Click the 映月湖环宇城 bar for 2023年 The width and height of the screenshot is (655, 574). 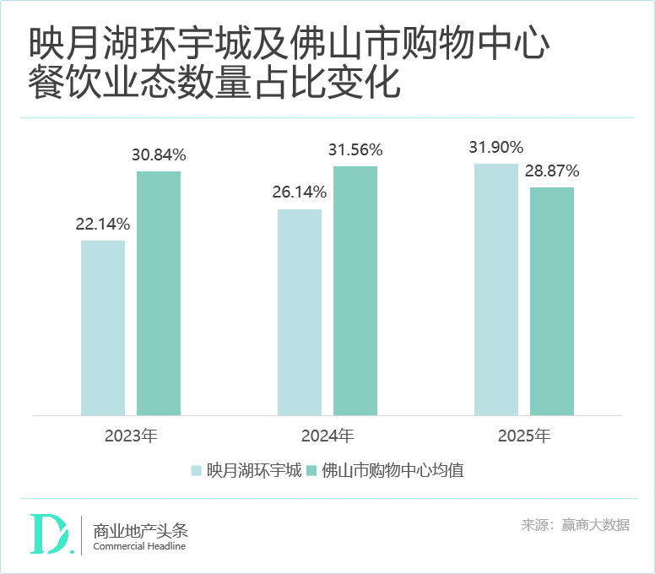(103, 328)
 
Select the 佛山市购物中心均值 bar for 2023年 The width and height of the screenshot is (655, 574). (159, 293)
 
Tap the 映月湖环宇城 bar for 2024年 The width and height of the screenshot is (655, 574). (300, 311)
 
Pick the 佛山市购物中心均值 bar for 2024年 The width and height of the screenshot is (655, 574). (355, 290)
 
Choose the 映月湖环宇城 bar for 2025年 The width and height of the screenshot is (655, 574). (496, 289)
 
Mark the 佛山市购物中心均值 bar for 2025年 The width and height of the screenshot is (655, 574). (552, 301)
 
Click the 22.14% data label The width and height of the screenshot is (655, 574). (103, 225)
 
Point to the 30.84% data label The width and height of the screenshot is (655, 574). (159, 155)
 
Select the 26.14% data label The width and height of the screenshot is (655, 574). (300, 192)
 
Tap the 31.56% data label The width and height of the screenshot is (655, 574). (355, 150)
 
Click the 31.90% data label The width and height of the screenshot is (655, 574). (496, 147)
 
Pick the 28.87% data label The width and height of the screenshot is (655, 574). (552, 171)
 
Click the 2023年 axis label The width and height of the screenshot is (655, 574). (131, 436)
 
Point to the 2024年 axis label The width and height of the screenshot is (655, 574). (327, 436)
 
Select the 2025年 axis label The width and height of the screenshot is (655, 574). (524, 436)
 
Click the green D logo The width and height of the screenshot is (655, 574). (50, 534)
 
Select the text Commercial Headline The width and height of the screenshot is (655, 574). (139, 546)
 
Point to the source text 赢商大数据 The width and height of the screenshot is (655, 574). (596, 525)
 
